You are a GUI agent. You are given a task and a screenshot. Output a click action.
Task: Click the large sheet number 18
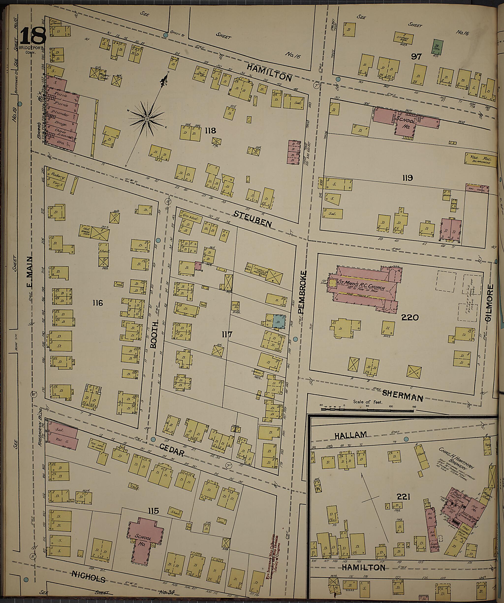pos(33,36)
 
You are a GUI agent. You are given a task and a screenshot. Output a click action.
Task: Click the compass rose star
pos(147,119)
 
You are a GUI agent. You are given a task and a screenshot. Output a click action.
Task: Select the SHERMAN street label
pos(403,397)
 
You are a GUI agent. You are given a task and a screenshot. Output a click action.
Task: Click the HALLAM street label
pos(350,435)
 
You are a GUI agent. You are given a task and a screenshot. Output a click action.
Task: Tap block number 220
pos(410,318)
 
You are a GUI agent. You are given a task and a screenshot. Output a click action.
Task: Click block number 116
pos(98,303)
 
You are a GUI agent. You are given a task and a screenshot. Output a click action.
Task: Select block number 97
pos(416,57)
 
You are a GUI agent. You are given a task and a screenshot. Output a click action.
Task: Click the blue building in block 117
pos(279,322)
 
